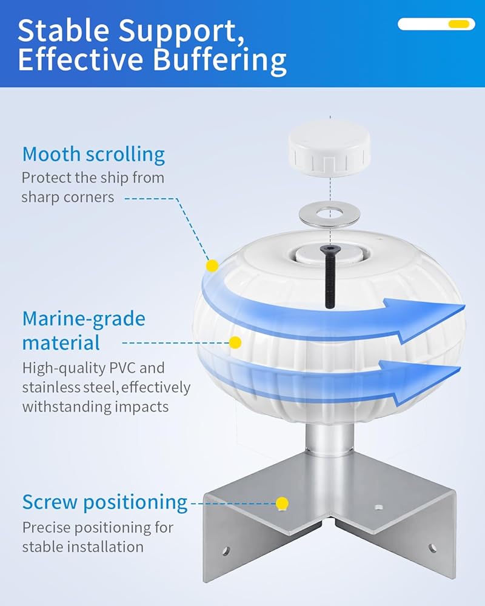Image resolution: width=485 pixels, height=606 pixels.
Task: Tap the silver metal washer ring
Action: (x=330, y=215)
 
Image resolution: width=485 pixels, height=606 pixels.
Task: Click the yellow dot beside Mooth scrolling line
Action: (x=212, y=265)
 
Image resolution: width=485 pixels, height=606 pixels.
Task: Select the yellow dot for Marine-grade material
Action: (x=235, y=343)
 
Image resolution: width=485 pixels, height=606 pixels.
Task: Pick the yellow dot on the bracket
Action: (x=281, y=503)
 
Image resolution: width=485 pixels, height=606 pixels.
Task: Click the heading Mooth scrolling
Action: (x=93, y=154)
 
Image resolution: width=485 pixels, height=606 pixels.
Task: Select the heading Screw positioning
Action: (x=105, y=502)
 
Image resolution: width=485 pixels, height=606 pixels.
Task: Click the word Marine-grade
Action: (x=84, y=319)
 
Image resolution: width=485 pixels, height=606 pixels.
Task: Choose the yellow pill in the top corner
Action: (x=458, y=24)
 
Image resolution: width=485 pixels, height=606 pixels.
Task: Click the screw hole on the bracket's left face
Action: (x=226, y=551)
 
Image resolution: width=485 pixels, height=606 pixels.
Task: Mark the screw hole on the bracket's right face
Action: (x=432, y=548)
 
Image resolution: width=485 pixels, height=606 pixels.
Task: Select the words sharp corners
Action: (x=68, y=197)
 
